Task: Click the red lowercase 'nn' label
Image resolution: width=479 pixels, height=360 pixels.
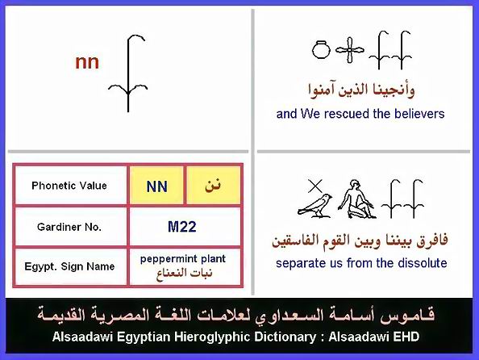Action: tap(87, 62)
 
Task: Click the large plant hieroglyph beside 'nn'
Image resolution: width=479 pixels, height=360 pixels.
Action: tap(128, 73)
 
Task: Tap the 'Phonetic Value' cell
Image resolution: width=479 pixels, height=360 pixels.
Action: tap(69, 186)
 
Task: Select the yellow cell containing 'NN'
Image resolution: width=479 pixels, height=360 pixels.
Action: tap(156, 186)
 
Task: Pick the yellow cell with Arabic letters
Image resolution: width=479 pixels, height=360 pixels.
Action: tap(213, 186)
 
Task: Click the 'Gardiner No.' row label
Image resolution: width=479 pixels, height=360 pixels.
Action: tap(69, 227)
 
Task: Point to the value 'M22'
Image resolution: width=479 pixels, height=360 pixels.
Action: tap(182, 227)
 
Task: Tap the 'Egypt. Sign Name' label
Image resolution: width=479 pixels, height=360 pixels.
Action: tap(69, 266)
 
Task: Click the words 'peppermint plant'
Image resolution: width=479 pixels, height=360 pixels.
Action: tap(183, 259)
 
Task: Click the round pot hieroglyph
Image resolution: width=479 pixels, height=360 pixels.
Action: tap(321, 49)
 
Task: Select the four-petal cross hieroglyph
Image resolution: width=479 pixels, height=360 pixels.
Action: tap(350, 49)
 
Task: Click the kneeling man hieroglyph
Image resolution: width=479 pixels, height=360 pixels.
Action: tap(356, 199)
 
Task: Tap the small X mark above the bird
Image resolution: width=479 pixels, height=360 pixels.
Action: tap(315, 186)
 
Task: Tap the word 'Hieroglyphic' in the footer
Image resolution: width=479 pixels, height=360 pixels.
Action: tap(212, 337)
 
